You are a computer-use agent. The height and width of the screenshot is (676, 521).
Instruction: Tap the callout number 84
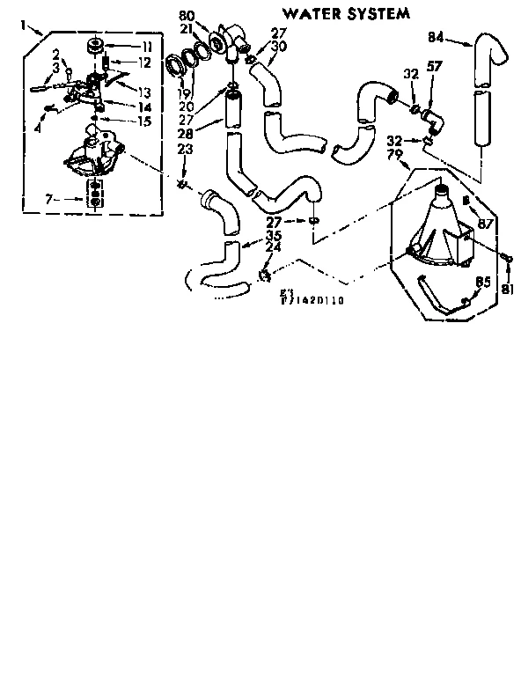point(436,37)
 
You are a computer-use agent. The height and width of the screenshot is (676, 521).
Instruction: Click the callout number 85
point(482,283)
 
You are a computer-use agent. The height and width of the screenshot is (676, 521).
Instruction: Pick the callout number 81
point(508,289)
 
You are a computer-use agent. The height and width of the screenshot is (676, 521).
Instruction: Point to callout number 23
point(185,149)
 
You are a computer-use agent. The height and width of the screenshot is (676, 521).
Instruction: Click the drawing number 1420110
point(315,301)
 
